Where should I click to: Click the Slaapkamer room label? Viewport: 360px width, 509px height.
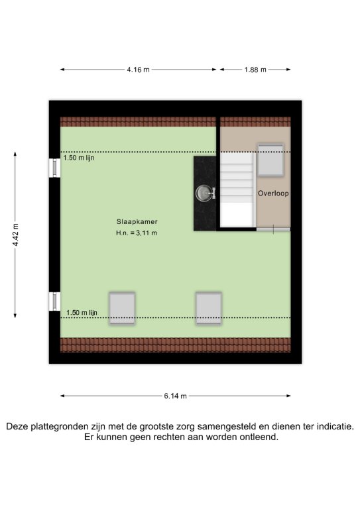(x=137, y=222)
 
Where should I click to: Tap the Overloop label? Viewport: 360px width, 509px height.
(x=273, y=193)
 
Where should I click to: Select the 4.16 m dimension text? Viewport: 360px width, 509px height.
(x=138, y=70)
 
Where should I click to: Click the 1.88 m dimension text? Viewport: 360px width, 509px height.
(x=255, y=70)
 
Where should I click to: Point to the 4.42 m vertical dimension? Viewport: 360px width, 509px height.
(x=16, y=235)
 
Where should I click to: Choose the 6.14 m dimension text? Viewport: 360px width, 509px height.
(x=175, y=396)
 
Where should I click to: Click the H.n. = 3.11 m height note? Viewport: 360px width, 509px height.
(x=137, y=233)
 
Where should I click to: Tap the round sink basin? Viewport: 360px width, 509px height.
(x=204, y=194)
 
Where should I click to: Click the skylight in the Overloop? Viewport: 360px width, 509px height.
(x=270, y=160)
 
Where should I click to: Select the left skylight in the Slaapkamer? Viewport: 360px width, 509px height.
(x=122, y=308)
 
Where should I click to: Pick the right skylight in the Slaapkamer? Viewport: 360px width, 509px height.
(x=209, y=308)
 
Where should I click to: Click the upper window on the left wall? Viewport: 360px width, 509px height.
(x=54, y=168)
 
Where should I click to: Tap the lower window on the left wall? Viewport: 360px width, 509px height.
(x=54, y=302)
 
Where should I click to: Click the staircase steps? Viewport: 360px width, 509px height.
(x=237, y=190)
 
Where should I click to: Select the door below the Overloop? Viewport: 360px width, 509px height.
(x=273, y=229)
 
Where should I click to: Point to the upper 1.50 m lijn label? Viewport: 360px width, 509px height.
(x=79, y=158)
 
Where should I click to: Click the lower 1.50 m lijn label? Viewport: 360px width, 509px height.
(x=82, y=313)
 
